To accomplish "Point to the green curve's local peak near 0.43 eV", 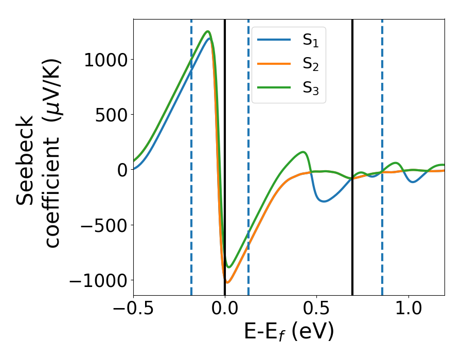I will [x=304, y=152].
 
